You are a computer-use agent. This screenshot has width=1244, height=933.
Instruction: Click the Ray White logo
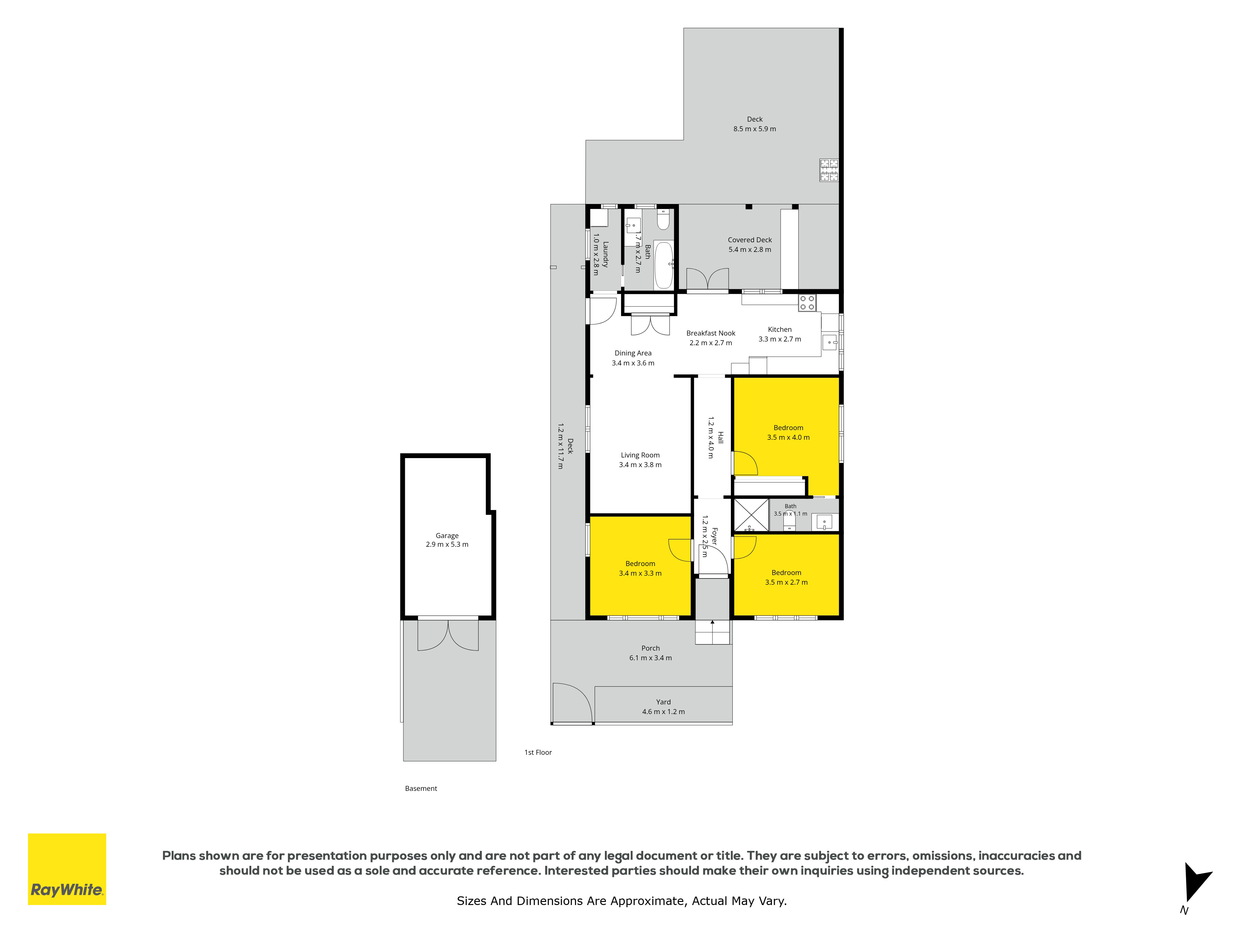click(67, 869)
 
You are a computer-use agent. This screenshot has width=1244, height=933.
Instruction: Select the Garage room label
click(447, 540)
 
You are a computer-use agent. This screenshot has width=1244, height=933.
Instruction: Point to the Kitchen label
click(779, 334)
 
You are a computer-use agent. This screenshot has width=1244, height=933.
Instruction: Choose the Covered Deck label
click(750, 245)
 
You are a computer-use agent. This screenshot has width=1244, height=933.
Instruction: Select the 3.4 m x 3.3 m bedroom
click(640, 567)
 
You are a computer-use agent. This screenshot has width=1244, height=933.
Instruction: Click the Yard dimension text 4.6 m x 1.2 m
click(664, 712)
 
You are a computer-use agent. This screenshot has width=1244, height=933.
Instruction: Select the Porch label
click(651, 653)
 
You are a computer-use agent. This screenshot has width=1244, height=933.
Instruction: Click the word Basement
click(421, 788)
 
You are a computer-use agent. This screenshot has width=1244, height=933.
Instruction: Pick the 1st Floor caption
click(538, 753)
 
